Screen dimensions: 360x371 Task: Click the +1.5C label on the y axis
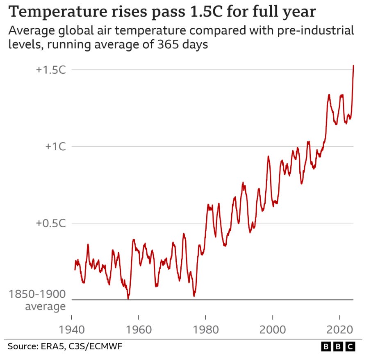tap(51, 70)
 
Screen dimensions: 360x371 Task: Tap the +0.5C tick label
tap(51, 223)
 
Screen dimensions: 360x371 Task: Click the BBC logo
tap(338, 347)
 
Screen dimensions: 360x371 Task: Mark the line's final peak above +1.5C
tap(353, 66)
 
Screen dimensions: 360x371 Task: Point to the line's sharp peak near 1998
tap(269, 156)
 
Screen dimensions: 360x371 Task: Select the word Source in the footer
tap(20, 347)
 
